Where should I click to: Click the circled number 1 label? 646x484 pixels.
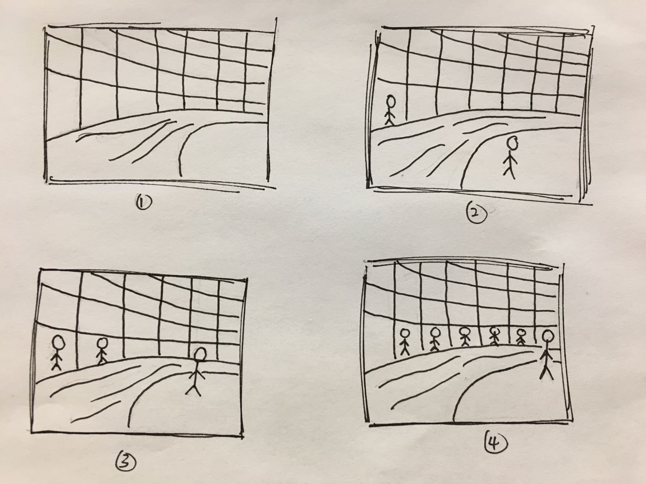point(144,202)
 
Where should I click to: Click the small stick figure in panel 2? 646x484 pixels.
point(390,110)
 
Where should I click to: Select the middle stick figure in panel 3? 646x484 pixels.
point(102,351)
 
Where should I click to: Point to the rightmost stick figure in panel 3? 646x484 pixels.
point(197,371)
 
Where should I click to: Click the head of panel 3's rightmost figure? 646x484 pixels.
point(200,354)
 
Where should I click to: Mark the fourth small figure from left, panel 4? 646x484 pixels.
point(495,337)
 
